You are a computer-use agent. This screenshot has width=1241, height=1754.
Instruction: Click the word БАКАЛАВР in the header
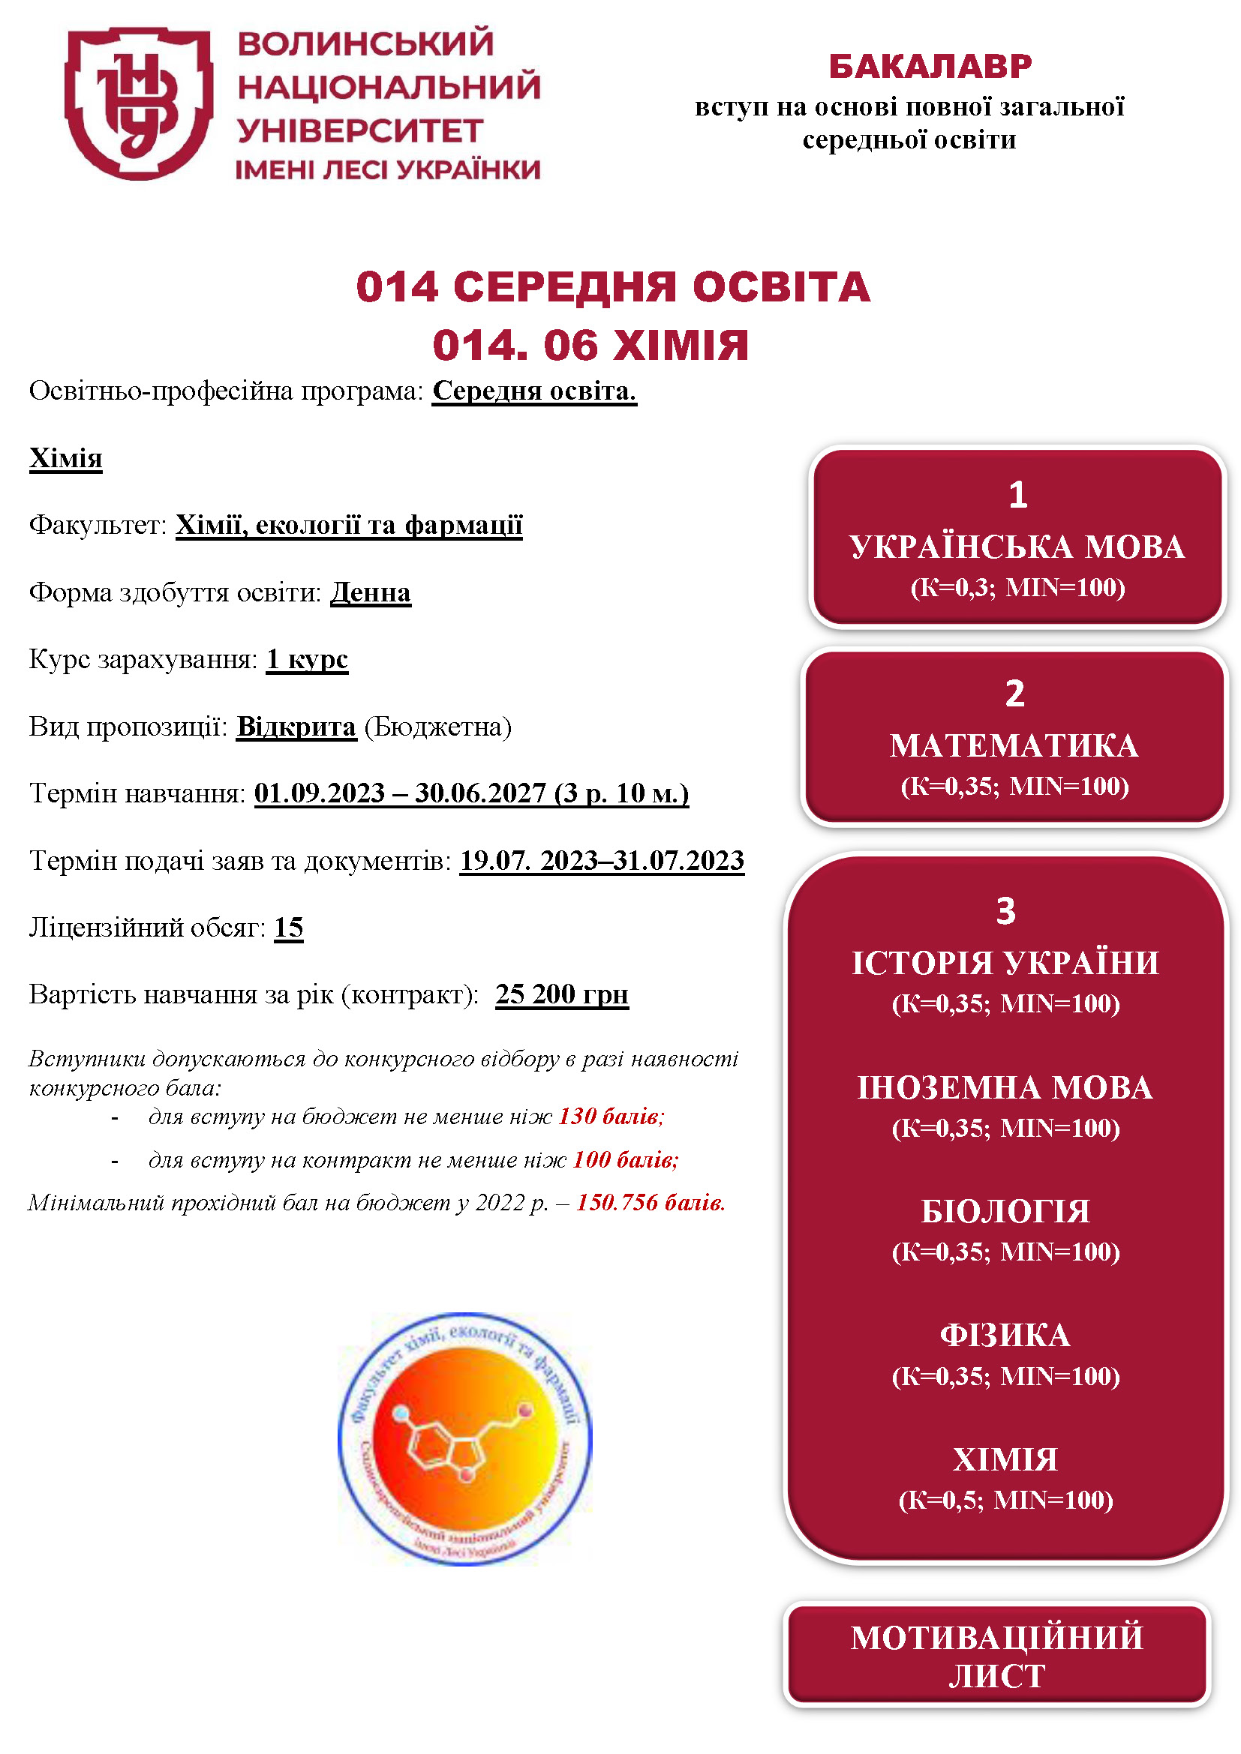click(930, 67)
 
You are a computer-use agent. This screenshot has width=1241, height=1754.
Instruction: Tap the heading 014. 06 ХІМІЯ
click(590, 346)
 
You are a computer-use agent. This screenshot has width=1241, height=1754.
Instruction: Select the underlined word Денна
click(371, 593)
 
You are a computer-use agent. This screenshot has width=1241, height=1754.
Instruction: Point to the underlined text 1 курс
click(307, 659)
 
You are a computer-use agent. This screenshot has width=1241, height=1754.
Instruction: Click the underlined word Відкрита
click(296, 727)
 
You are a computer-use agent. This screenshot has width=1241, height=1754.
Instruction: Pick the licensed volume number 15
click(289, 928)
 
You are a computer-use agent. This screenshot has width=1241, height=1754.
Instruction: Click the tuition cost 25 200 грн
click(562, 994)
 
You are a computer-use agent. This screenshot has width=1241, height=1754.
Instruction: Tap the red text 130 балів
click(611, 1117)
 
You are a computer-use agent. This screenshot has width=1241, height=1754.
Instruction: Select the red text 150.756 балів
click(651, 1203)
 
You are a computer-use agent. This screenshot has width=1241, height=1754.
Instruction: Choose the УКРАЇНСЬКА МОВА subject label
click(1017, 547)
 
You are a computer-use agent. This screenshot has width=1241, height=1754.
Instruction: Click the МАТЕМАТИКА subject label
click(1014, 746)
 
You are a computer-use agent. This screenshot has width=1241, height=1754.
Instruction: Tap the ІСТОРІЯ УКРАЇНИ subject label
click(1005, 964)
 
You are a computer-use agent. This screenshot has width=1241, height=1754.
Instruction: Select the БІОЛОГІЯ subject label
click(1005, 1213)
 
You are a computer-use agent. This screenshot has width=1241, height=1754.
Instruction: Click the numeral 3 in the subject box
click(1005, 911)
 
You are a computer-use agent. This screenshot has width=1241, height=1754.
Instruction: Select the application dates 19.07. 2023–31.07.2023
click(602, 861)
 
